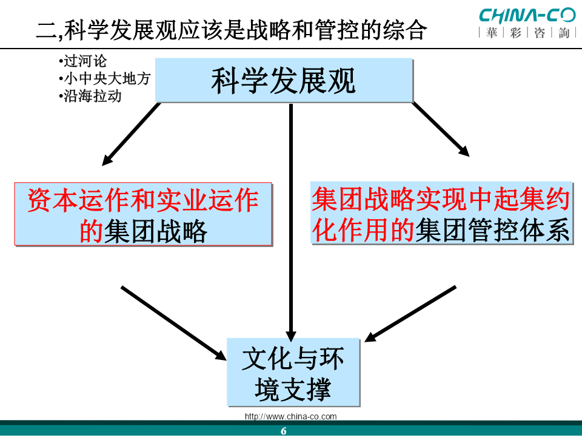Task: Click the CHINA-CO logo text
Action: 527,16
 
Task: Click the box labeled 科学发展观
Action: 284,80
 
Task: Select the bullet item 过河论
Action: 82,61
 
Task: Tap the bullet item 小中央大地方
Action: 104,78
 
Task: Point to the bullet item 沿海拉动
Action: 90,96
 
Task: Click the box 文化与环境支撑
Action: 293,372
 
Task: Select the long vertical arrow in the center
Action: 291,222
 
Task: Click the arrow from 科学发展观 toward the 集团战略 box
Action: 131,134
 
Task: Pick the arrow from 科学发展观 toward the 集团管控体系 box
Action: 441,129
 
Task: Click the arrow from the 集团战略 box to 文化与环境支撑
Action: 174,323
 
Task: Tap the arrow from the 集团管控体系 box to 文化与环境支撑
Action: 410,314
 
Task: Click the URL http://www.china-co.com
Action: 290,416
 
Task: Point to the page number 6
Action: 284,431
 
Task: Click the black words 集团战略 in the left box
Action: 155,231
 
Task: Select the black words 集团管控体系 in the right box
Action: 492,231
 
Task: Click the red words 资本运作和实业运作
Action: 143,200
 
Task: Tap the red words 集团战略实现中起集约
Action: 441,199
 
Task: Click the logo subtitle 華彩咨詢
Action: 527,33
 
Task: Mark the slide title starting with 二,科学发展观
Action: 232,30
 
